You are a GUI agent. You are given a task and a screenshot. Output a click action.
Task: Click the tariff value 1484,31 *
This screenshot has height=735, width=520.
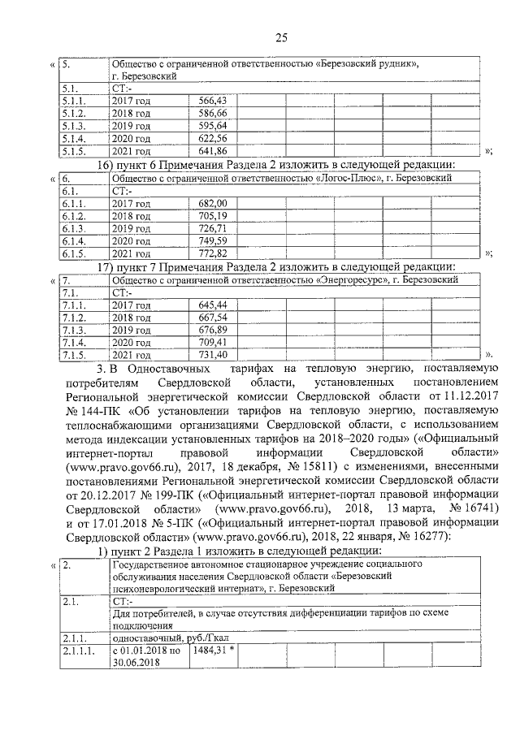click(215, 651)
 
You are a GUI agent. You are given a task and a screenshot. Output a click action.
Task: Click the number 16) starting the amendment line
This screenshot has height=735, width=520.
click(108, 165)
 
